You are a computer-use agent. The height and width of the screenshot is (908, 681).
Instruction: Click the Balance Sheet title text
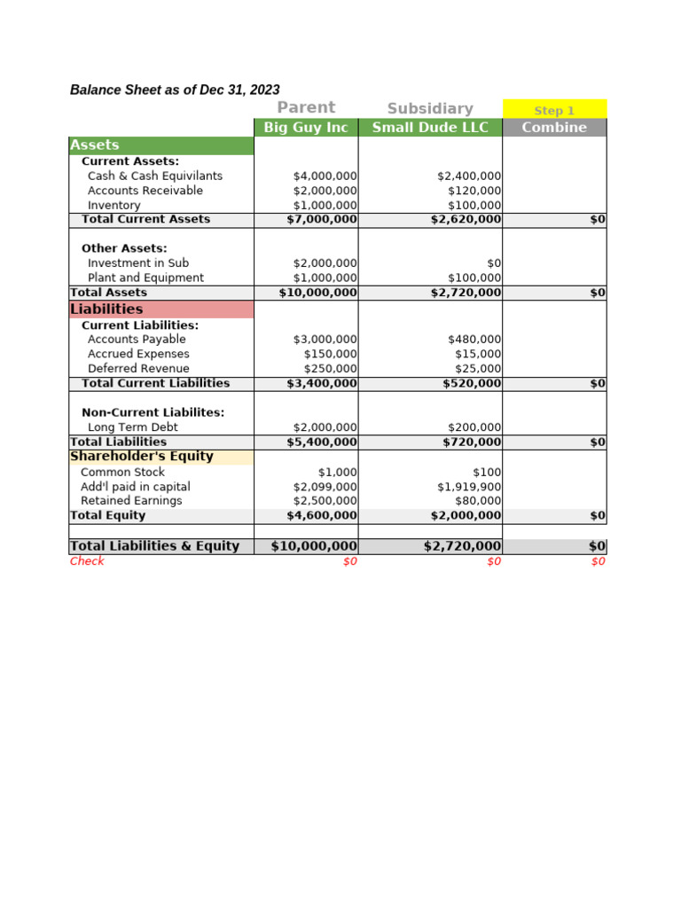(x=175, y=90)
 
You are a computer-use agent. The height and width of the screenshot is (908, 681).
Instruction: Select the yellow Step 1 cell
(x=554, y=110)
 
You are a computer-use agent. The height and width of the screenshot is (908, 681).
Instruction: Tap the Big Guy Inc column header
(x=306, y=128)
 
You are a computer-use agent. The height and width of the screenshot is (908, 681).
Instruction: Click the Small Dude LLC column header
(x=430, y=128)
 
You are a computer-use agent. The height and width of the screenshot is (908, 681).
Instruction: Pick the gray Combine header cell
(x=554, y=128)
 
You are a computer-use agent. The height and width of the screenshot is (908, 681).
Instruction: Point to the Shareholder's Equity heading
(x=142, y=457)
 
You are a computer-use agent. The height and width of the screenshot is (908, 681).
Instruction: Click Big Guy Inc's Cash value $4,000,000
(x=325, y=176)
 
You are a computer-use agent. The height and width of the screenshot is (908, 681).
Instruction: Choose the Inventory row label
(x=114, y=206)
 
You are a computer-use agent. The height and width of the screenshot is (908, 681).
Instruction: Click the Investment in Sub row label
(x=138, y=263)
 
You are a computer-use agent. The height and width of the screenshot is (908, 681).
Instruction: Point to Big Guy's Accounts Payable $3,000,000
(x=325, y=340)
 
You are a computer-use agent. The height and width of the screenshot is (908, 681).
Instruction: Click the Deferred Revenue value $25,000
(x=481, y=369)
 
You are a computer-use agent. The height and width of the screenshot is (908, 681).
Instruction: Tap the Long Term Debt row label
(x=133, y=427)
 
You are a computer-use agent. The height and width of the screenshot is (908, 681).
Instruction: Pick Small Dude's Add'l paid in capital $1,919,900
(x=469, y=487)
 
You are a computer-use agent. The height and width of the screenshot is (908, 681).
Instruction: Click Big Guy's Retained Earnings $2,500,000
(x=325, y=501)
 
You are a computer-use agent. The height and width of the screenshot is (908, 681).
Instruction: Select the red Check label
(x=87, y=561)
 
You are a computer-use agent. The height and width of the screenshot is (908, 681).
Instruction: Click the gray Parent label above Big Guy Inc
(x=306, y=108)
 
